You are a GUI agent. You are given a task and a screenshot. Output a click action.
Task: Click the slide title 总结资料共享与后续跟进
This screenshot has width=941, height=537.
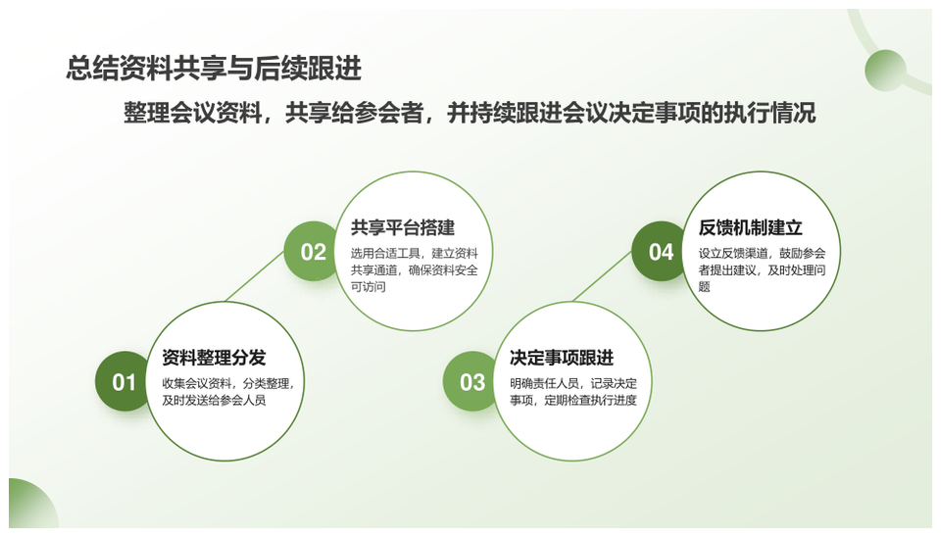pyautogui.click(x=214, y=68)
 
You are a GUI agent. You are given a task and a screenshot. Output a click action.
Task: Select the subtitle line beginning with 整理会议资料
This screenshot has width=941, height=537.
pyautogui.click(x=470, y=113)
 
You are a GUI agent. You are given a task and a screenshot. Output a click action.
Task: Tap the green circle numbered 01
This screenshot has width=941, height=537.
pyautogui.click(x=123, y=381)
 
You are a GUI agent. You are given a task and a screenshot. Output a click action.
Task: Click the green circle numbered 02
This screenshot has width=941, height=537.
pyautogui.click(x=312, y=252)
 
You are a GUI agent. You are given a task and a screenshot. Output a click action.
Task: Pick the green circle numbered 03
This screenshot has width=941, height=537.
pyautogui.click(x=470, y=381)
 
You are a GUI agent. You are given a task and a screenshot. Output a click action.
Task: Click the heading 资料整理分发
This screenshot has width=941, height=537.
pyautogui.click(x=214, y=358)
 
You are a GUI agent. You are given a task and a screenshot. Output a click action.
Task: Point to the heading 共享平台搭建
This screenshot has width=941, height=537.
pyautogui.click(x=403, y=227)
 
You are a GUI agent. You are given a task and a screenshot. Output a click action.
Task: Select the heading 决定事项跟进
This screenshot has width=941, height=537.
pyautogui.click(x=562, y=358)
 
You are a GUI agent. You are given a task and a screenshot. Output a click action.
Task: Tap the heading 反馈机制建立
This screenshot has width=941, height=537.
pyautogui.click(x=750, y=227)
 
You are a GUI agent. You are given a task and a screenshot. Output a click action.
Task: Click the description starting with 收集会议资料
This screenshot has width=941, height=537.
pyautogui.click(x=228, y=392)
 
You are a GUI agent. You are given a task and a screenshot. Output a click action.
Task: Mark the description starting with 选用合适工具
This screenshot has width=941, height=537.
pyautogui.click(x=414, y=270)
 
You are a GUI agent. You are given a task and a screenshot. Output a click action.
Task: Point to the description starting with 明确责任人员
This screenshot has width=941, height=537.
pyautogui.click(x=573, y=392)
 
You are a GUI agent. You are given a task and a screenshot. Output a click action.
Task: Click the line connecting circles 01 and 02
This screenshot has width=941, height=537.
pyautogui.click(x=255, y=276)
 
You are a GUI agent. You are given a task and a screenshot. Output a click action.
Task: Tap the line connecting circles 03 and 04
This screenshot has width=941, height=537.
pyautogui.click(x=603, y=276)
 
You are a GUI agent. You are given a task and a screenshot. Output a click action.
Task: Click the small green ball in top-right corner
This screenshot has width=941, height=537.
pyautogui.click(x=885, y=71)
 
